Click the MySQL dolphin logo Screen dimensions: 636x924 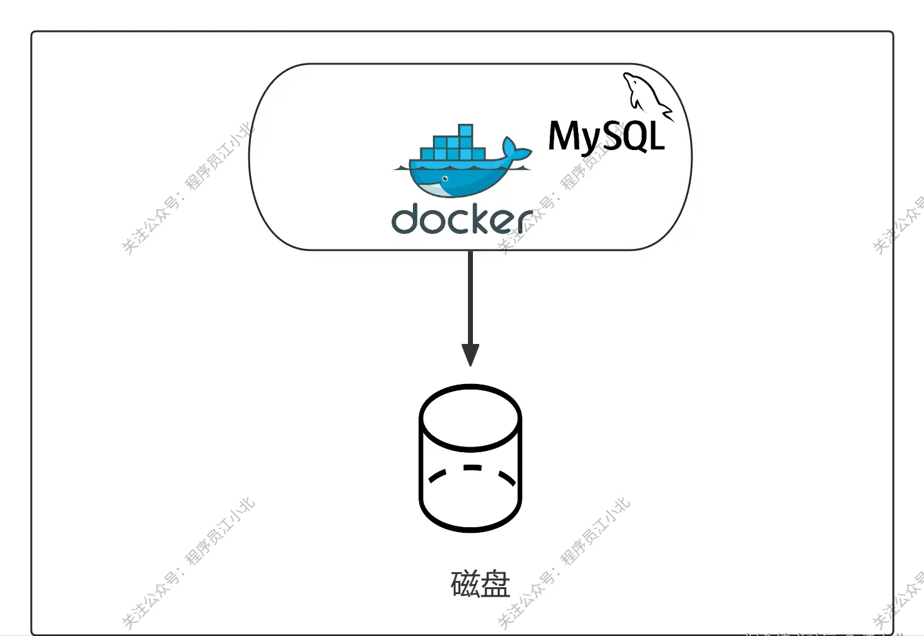[644, 95]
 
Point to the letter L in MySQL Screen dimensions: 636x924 [656, 136]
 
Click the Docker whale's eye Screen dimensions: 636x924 [445, 179]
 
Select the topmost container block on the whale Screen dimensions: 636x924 [465, 131]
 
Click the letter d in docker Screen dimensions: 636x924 [405, 218]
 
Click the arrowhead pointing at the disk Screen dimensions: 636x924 [470, 355]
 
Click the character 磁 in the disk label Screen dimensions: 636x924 [465, 584]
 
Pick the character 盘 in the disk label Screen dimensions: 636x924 [495, 584]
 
